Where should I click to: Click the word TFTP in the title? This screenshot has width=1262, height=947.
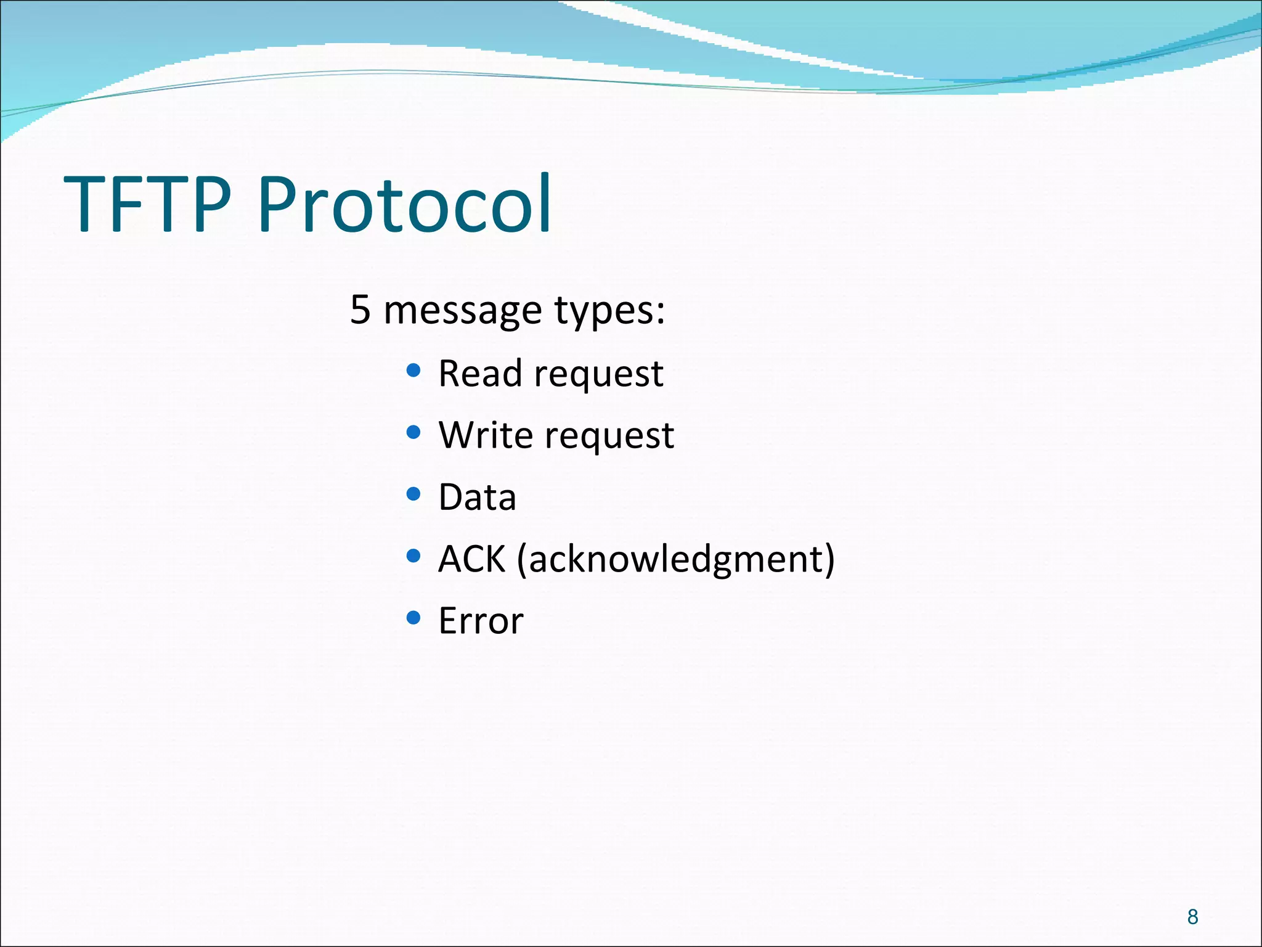pos(148,204)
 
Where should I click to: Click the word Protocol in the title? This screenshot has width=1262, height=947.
pos(404,204)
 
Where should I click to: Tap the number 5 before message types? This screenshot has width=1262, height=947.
pos(360,310)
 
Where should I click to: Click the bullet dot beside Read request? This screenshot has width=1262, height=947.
pos(413,371)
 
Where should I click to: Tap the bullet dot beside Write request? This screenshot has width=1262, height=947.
pos(413,432)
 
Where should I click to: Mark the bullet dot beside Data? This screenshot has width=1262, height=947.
pos(413,494)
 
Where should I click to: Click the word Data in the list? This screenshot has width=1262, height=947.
pos(477,497)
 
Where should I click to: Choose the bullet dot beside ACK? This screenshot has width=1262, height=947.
pos(413,556)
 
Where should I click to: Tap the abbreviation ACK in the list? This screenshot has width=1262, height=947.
pos(471,559)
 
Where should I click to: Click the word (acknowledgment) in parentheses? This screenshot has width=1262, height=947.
pos(675,559)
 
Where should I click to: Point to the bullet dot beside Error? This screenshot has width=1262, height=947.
pos(413,618)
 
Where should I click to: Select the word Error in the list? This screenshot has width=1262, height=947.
pos(481,621)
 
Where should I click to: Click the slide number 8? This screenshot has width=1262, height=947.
pos(1192,917)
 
